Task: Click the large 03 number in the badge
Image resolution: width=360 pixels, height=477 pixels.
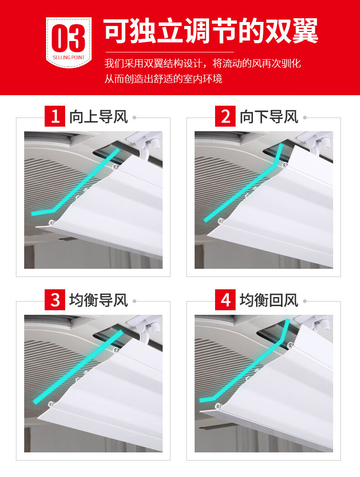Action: [x=68, y=38]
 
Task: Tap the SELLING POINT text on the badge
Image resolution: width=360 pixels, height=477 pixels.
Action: [x=69, y=57]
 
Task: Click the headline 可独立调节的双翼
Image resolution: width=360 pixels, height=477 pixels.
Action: [x=211, y=31]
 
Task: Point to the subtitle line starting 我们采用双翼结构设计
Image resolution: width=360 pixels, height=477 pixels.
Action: [x=203, y=63]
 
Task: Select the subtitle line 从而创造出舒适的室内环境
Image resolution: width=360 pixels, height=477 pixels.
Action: [x=164, y=78]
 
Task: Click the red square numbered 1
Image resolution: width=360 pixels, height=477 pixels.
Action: [x=55, y=116]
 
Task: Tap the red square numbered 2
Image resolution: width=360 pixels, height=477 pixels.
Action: [x=225, y=116]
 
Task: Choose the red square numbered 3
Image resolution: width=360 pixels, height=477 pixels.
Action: [x=55, y=300]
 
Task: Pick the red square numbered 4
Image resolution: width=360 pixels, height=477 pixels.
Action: [x=225, y=300]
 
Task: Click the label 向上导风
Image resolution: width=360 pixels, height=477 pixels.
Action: [x=98, y=117]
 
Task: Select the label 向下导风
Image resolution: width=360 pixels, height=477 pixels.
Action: [x=269, y=117]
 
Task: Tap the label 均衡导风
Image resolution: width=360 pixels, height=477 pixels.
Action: [x=98, y=301]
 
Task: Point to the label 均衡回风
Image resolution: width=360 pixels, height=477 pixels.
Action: [x=269, y=301]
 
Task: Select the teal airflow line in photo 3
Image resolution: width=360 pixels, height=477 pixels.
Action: [x=78, y=367]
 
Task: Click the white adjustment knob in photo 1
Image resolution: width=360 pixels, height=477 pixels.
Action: [x=155, y=144]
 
